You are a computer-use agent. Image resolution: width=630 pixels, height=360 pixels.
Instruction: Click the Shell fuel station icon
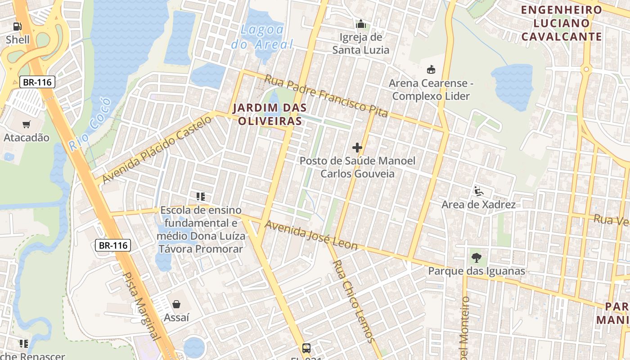(x=17, y=27)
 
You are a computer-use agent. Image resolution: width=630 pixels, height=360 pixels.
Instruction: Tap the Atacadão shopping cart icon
(x=27, y=124)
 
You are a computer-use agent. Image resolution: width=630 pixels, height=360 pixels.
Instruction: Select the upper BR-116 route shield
(x=37, y=82)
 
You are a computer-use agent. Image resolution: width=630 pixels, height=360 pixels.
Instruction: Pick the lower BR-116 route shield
(x=113, y=245)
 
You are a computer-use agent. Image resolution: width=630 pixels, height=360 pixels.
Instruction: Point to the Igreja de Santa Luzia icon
(x=360, y=24)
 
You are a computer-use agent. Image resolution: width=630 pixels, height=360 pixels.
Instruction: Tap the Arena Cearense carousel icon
(x=431, y=70)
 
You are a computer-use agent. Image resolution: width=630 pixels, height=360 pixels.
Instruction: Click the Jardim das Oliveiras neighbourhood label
(x=270, y=114)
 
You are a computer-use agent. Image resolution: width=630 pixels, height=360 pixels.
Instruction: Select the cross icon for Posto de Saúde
(x=357, y=148)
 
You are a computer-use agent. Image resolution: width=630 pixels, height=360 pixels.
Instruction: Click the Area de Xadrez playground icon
(x=478, y=191)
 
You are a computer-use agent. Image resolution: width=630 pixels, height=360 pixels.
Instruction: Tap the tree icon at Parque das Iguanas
(x=476, y=258)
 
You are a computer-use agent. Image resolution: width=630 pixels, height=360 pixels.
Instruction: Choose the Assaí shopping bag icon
(x=176, y=304)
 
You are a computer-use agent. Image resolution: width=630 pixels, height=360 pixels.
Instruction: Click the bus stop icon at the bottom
(x=306, y=348)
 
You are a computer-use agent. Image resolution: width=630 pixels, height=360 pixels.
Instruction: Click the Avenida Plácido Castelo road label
(x=157, y=149)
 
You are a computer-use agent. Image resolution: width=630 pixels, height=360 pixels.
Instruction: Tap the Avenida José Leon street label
(x=311, y=235)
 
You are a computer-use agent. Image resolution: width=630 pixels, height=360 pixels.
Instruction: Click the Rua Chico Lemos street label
(x=353, y=301)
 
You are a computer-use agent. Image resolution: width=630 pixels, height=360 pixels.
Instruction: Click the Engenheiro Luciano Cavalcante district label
(x=562, y=23)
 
